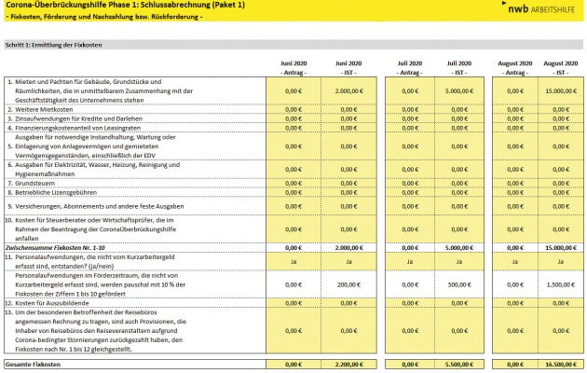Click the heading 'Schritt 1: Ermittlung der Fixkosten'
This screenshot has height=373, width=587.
[x=59, y=44]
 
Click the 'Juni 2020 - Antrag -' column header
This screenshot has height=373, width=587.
[x=293, y=67]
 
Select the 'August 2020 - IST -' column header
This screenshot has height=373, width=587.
[x=556, y=67]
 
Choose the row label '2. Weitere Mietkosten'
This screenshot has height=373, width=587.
[x=43, y=109]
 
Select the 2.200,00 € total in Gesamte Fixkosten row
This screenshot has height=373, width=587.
[x=348, y=363]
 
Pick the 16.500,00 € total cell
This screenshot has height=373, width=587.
[x=556, y=363]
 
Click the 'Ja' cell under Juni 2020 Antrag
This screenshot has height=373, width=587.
[x=293, y=263]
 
